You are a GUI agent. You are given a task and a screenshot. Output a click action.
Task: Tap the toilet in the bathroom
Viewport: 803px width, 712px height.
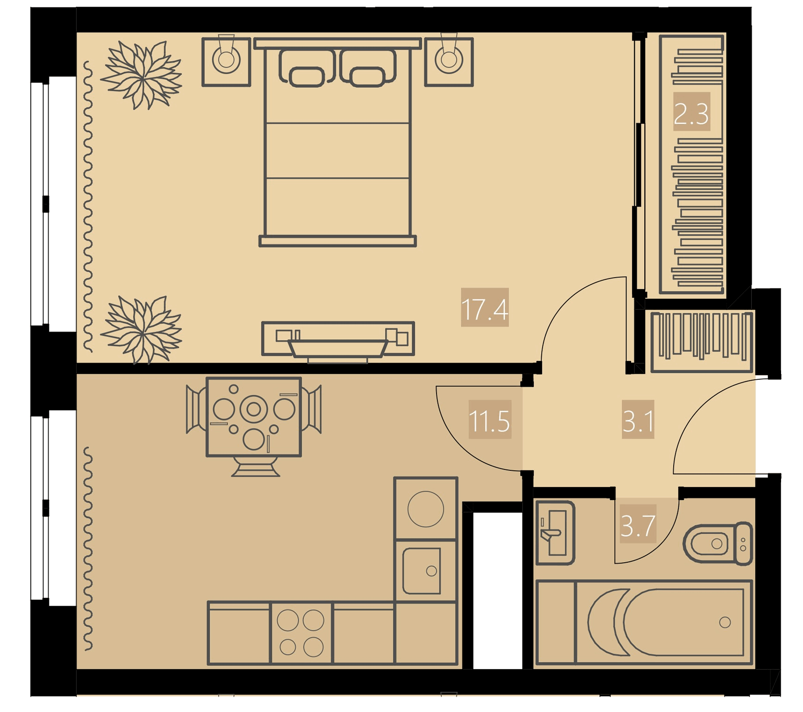pos(718,544)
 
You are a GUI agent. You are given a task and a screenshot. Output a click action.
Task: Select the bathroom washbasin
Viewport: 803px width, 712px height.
pos(555,532)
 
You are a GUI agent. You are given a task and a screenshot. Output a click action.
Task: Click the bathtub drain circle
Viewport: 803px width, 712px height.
pos(725,622)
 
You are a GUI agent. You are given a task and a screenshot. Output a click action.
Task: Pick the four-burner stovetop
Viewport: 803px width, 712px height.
pos(301,633)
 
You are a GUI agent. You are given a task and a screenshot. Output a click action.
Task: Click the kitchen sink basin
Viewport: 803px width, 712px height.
pos(422,571)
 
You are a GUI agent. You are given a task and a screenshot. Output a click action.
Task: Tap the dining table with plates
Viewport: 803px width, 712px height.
pos(254,417)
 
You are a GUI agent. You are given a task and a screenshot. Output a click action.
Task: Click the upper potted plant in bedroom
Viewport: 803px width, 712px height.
pos(141,75)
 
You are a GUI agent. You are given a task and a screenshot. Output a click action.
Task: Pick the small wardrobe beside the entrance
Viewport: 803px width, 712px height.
pos(702,342)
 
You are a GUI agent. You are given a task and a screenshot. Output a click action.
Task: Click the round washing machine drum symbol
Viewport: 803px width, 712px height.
pos(426,509)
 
